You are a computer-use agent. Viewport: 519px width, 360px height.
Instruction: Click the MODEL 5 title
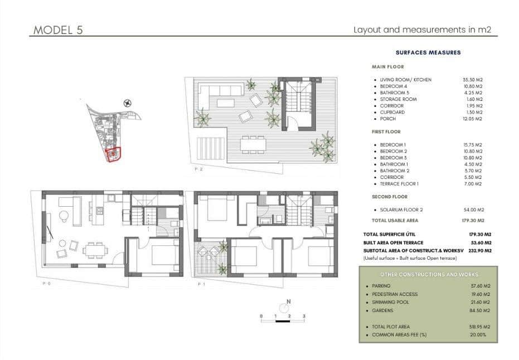point(59,30)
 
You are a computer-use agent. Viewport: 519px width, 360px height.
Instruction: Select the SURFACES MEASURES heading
point(428,52)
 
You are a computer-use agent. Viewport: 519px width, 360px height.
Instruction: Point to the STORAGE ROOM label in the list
point(398,99)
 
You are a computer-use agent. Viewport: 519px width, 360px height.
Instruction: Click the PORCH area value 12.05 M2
point(471,119)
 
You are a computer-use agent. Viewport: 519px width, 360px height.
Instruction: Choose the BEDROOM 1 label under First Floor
point(393,145)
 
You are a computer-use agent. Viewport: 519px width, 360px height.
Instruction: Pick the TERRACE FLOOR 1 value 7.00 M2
point(473,184)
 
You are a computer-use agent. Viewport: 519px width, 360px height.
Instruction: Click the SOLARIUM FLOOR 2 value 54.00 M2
point(473,210)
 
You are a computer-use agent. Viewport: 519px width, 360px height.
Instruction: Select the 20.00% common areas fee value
point(478,335)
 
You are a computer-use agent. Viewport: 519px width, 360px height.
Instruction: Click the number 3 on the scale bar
point(304,316)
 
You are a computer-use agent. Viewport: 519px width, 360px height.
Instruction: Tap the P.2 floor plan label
point(198,168)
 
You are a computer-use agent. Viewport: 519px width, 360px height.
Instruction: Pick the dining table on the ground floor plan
point(93,249)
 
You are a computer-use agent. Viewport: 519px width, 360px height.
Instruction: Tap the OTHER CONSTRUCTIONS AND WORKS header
point(428,275)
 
